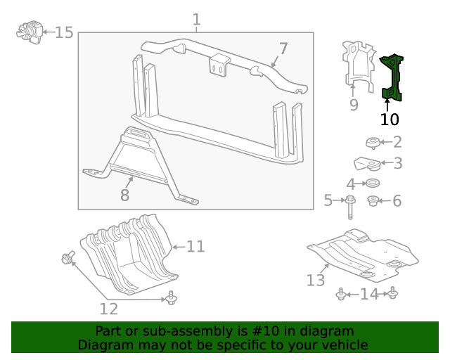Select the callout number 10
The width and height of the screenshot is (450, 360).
coord(389,120)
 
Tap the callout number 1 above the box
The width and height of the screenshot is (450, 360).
coord(196,20)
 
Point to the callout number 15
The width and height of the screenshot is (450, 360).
coord(64,32)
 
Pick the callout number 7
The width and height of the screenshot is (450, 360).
coord(283,49)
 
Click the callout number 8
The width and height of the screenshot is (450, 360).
coord(124,195)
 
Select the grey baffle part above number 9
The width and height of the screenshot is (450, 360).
coord(359,67)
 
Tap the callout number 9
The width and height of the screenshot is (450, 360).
coord(354,105)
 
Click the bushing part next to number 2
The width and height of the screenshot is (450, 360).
coord(373,143)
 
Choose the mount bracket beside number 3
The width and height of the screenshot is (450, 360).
coord(367,165)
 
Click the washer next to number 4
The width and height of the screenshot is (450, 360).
coord(373,184)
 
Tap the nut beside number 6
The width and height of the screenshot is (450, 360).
coord(373,202)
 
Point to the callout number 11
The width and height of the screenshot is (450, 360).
coord(195,246)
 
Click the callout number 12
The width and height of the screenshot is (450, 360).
coord(108,308)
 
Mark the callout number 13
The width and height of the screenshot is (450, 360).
coord(316,281)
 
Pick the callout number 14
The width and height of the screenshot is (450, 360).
coord(368,294)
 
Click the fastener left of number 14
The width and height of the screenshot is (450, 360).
coord(341,294)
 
